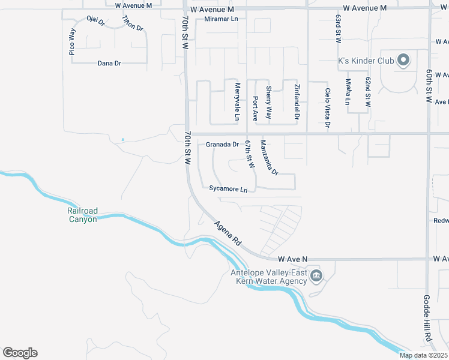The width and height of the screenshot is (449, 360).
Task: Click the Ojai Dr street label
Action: click(x=95, y=22)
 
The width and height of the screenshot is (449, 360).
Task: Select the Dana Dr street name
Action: click(x=109, y=63)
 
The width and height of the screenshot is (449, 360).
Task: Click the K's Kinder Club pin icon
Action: click(x=403, y=60)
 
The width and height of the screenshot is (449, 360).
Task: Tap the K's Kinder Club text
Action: click(x=366, y=61)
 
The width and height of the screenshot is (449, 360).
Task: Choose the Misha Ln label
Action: click(x=348, y=92)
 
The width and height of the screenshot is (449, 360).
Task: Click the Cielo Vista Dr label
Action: click(x=328, y=109)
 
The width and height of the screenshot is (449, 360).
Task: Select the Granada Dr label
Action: click(x=222, y=145)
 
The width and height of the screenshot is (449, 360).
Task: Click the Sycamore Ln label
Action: click(x=228, y=189)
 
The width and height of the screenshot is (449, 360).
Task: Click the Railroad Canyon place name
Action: click(x=82, y=215)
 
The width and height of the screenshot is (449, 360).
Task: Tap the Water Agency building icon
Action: click(x=316, y=276)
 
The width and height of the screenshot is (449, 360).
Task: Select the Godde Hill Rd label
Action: click(x=427, y=326)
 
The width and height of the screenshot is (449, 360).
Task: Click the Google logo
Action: click(x=20, y=353)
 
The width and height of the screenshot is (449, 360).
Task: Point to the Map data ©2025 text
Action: click(x=423, y=355)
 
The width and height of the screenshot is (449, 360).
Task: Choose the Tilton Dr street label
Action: click(x=133, y=24)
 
